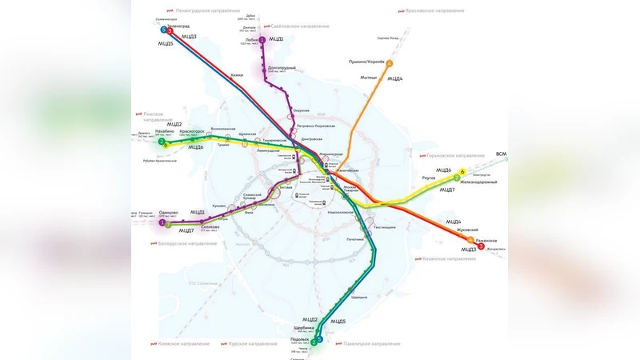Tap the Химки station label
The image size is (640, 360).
point(236,75)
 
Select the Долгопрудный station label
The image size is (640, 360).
point(281,67)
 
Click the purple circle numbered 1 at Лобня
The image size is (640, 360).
point(262,39)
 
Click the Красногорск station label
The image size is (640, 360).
point(191,130)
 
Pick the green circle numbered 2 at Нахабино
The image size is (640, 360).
point(162,142)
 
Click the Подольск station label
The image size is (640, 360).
point(300,339)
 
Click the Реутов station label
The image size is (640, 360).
point(428,178)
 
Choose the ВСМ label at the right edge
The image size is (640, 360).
point(501,154)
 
